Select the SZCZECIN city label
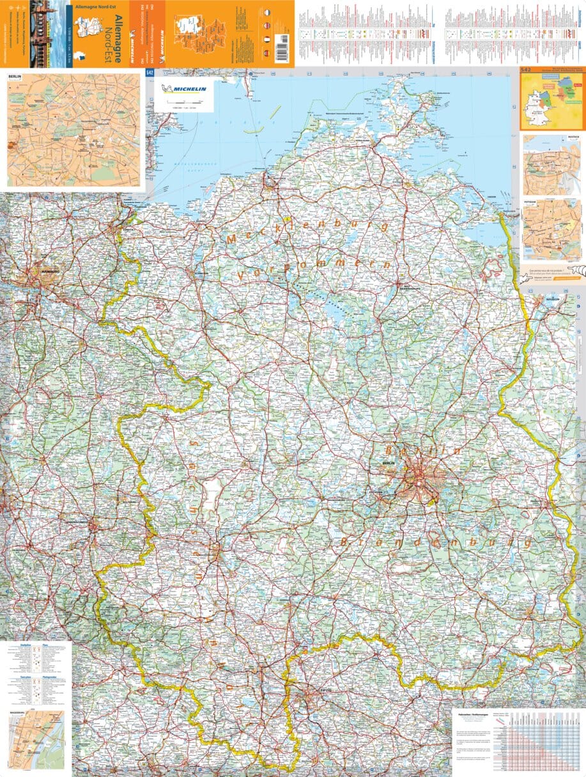click(x=553, y=299)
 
